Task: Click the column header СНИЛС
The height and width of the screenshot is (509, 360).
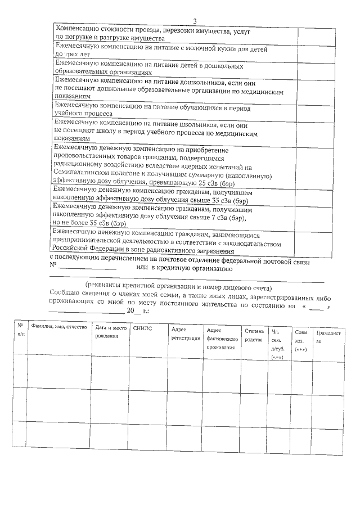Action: (142, 327)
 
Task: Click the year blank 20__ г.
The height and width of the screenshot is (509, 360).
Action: (136, 310)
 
